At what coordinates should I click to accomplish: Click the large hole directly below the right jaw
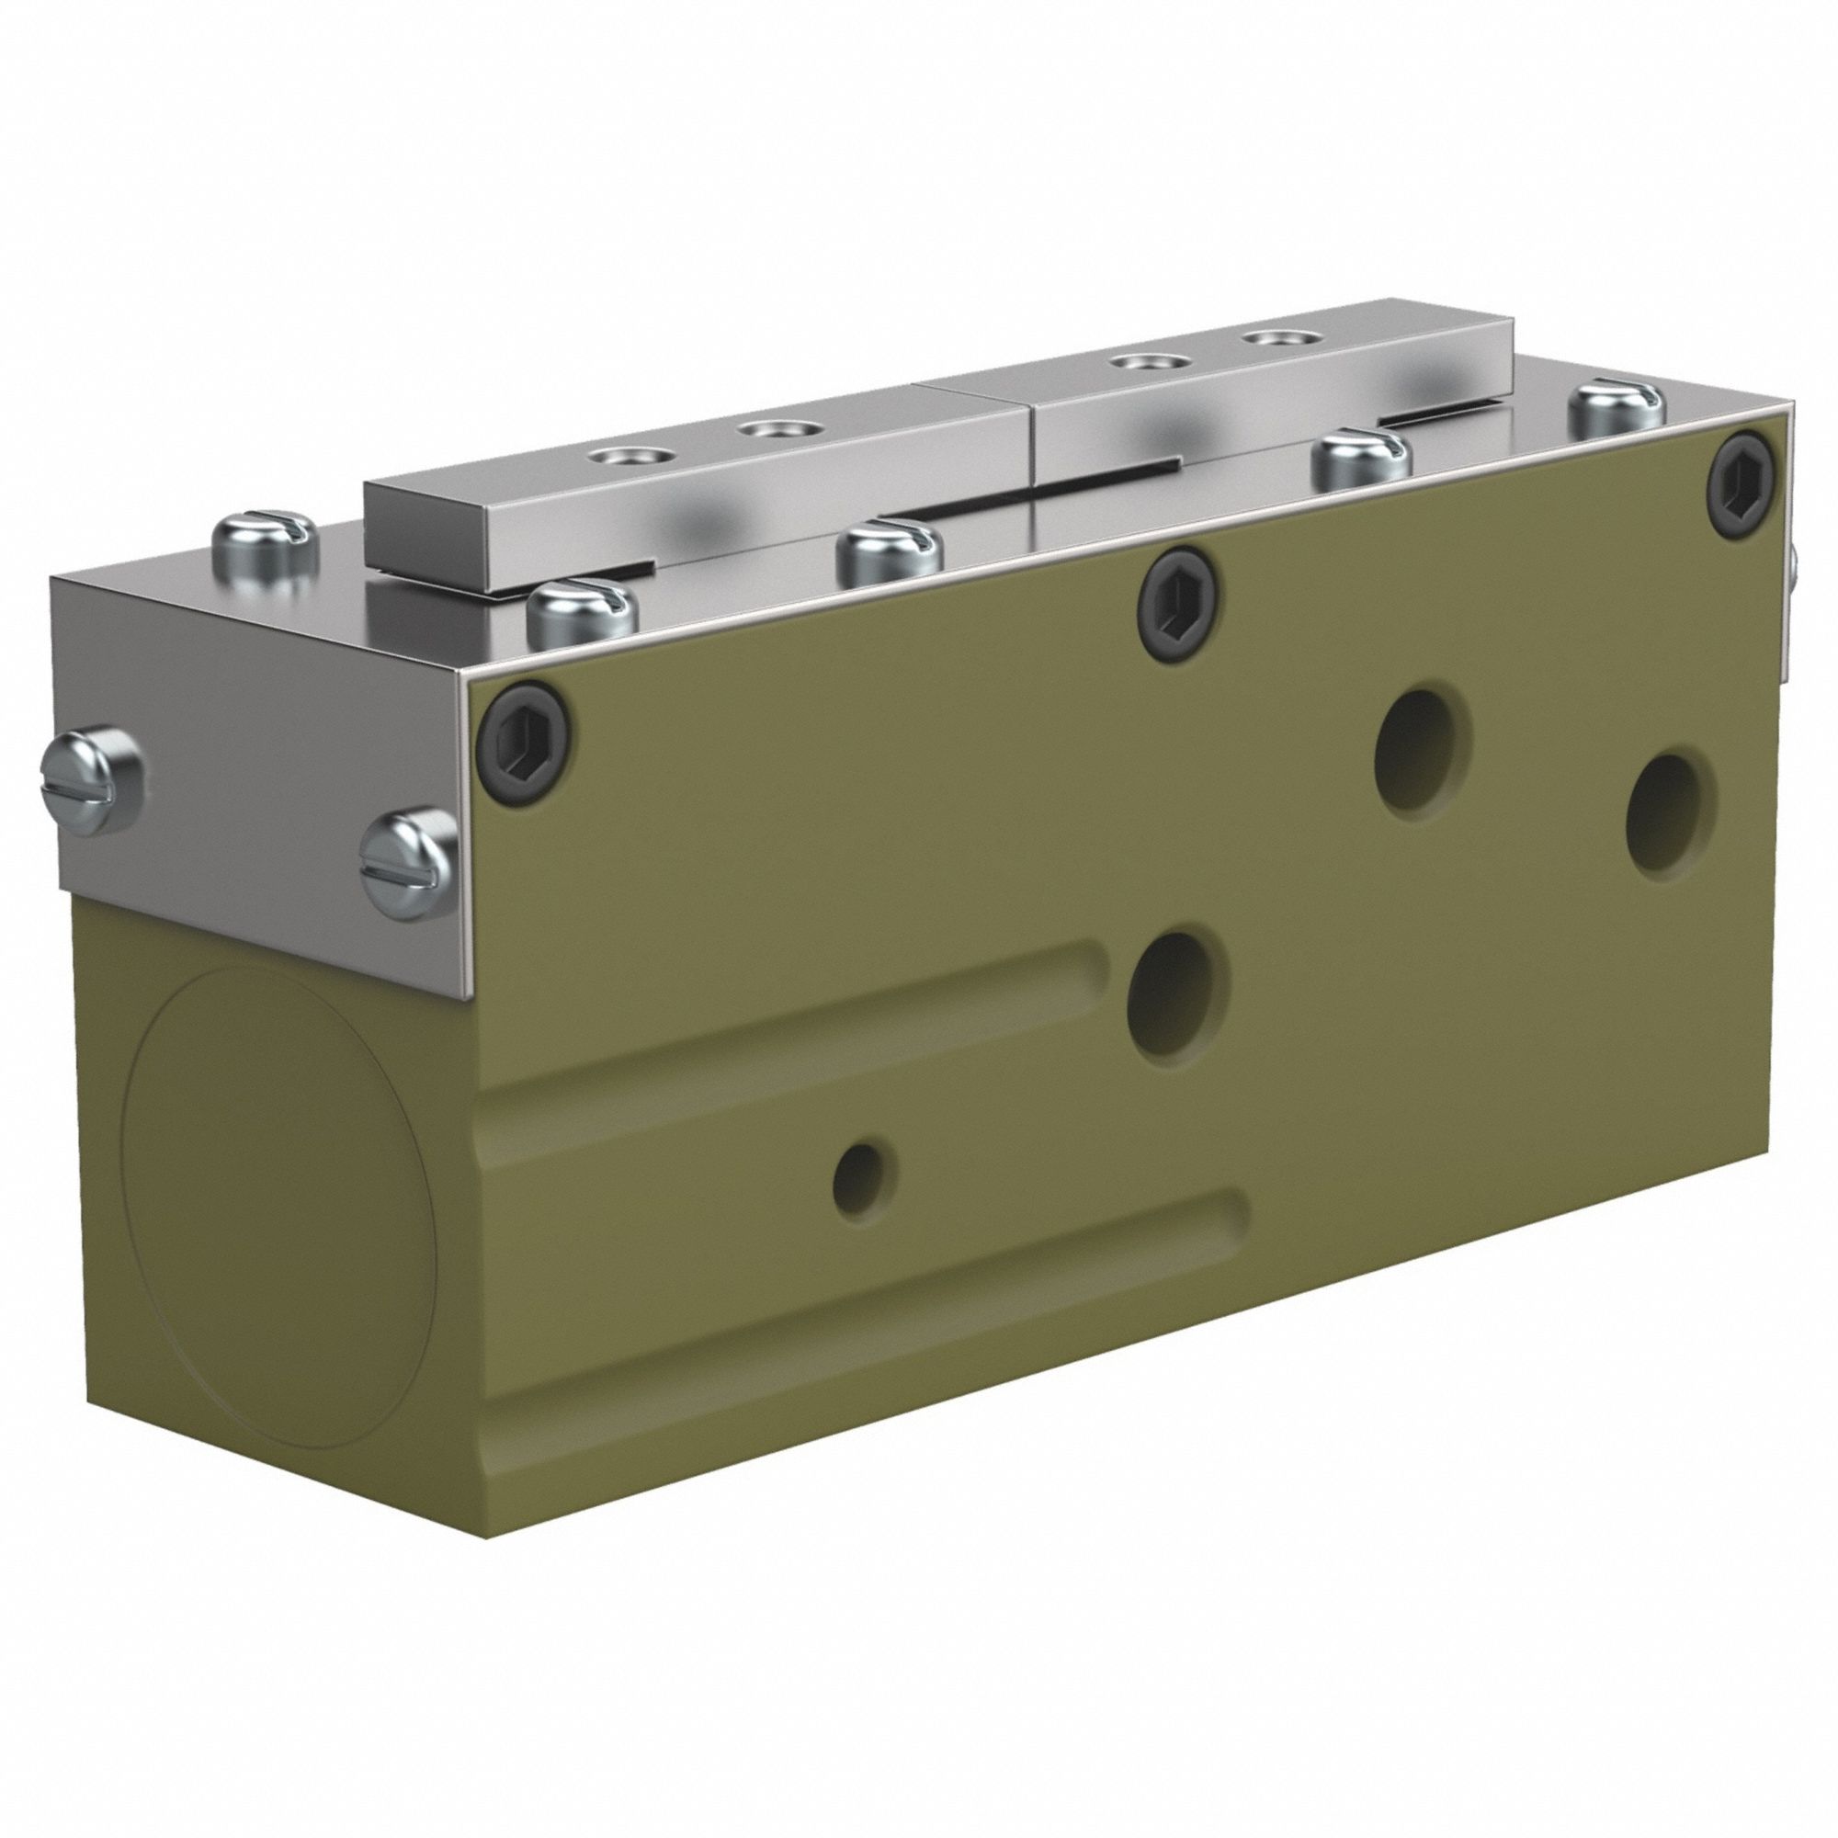1424,753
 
